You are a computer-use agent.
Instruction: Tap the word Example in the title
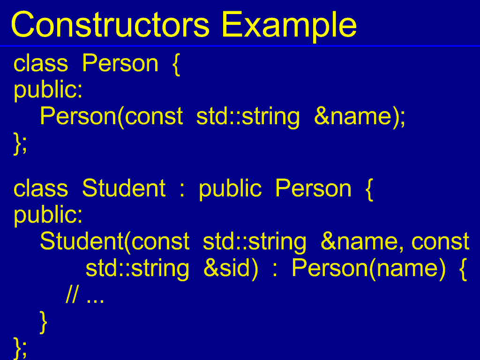(289, 26)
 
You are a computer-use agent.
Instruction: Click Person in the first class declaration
(120, 63)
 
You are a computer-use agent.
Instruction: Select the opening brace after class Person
(176, 64)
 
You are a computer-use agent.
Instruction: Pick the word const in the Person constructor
(154, 117)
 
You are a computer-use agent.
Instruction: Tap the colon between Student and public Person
(182, 190)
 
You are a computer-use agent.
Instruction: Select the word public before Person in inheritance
(230, 189)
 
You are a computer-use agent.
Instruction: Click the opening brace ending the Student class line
(369, 190)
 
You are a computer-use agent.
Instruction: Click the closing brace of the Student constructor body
(44, 322)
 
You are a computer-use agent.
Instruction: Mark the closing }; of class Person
(20, 143)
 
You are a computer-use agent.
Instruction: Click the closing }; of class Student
(20, 348)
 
